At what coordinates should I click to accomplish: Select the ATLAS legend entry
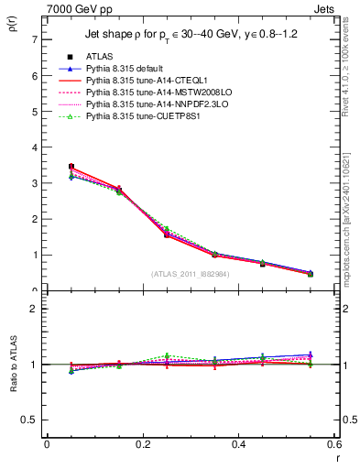(x=100, y=57)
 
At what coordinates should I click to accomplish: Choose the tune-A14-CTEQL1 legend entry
(x=143, y=81)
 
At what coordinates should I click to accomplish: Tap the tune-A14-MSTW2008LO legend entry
(x=152, y=93)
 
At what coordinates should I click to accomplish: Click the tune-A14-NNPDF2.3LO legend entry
(x=152, y=104)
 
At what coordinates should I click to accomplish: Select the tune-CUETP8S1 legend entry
(x=141, y=116)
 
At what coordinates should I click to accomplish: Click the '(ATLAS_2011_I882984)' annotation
(x=191, y=273)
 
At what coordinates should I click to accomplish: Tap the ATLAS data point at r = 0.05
(x=71, y=167)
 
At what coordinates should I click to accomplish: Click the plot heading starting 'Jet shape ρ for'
(x=192, y=35)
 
